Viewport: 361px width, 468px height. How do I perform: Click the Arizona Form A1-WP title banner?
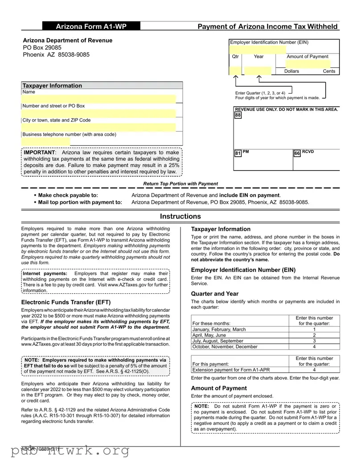pyautogui.click(x=91, y=27)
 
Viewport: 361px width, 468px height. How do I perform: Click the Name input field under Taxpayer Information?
pyautogui.click(x=99, y=99)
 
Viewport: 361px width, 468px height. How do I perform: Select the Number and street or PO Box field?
pyautogui.click(x=99, y=113)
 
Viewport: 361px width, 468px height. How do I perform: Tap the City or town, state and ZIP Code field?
pyautogui.click(x=99, y=127)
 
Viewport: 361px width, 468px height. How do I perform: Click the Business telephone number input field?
pyautogui.click(x=46, y=142)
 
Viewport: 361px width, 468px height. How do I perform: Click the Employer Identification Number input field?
pyautogui.click(x=258, y=49)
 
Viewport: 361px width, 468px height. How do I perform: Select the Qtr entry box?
pyautogui.click(x=235, y=71)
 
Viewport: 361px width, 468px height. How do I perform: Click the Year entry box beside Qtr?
pyautogui.click(x=258, y=71)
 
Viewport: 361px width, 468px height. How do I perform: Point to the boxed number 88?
pyautogui.click(x=238, y=115)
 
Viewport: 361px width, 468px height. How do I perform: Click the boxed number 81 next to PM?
pyautogui.click(x=238, y=154)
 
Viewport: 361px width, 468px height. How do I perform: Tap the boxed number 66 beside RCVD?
pyautogui.click(x=297, y=154)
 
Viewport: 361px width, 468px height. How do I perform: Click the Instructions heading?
pyautogui.click(x=180, y=217)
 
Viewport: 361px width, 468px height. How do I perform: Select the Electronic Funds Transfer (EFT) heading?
pyautogui.click(x=66, y=302)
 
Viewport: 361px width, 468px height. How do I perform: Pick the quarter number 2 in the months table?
pyautogui.click(x=314, y=335)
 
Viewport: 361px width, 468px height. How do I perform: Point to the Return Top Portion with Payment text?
pyautogui.click(x=180, y=184)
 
